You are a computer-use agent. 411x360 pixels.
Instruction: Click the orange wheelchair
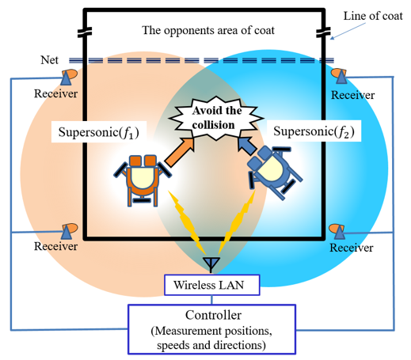tap(143, 180)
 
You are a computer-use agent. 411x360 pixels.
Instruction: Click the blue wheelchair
tap(275, 172)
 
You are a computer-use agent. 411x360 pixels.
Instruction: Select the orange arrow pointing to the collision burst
tap(180, 153)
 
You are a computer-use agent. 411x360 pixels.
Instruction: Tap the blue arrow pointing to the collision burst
tap(247, 146)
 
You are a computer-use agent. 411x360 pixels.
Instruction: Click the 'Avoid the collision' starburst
tap(216, 118)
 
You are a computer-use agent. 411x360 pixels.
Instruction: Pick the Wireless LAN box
tap(212, 285)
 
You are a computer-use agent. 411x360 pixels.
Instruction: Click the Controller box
tap(211, 329)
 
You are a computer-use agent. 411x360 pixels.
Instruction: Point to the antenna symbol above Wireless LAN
tap(211, 264)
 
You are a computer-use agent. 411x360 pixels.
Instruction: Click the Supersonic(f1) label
tap(99, 132)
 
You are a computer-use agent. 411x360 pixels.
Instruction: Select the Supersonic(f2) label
tap(314, 131)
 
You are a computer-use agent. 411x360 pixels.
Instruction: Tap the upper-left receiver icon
tap(69, 77)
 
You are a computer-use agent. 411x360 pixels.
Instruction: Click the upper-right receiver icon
tap(340, 76)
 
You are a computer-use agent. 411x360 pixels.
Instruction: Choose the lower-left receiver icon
tap(69, 231)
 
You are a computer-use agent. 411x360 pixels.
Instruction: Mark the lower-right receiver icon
tap(337, 232)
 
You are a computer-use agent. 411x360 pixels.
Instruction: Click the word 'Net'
tap(49, 60)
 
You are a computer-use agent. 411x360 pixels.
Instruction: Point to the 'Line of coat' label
tap(373, 16)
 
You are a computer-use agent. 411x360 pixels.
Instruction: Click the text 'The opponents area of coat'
tap(208, 30)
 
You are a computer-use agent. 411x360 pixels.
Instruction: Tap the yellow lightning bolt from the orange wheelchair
tap(187, 222)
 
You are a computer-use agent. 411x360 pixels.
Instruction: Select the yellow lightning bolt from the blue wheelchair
tap(237, 222)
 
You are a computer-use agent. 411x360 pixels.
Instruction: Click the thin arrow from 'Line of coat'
tap(348, 31)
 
